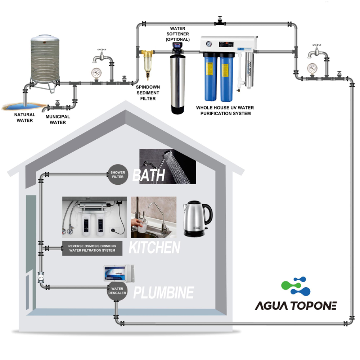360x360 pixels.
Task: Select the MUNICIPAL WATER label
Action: tap(58, 120)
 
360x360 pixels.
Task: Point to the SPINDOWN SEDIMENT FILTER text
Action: tap(148, 93)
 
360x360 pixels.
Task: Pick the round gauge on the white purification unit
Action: tap(208, 44)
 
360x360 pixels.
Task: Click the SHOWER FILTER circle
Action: tap(117, 175)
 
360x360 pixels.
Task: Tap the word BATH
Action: tap(149, 175)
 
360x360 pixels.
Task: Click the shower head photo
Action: tap(168, 167)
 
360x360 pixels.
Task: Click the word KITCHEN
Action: tap(154, 248)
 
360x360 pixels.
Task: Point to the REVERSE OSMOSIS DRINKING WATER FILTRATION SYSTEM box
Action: tap(92, 248)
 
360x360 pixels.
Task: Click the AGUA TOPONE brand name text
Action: tap(296, 306)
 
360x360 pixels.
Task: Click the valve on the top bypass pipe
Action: tap(219, 21)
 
